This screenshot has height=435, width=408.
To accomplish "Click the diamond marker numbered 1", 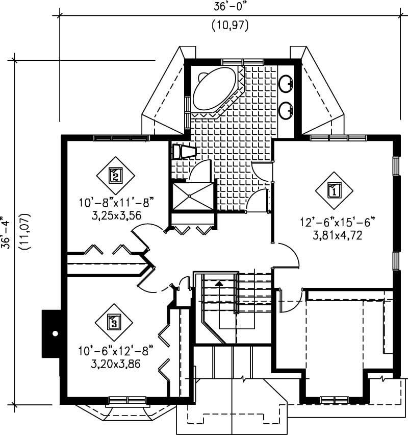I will [x=334, y=191].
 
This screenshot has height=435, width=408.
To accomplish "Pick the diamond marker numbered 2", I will [x=116, y=176].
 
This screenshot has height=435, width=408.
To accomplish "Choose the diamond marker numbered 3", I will [x=113, y=322].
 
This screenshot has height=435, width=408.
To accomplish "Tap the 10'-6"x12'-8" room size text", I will [x=116, y=351].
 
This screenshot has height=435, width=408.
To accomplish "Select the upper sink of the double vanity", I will [x=287, y=82].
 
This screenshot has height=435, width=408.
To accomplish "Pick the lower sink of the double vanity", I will [x=287, y=108].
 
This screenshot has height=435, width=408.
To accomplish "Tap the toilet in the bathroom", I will [x=183, y=152].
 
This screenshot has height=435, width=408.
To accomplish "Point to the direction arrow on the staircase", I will [x=219, y=282].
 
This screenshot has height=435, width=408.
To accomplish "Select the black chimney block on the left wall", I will [x=52, y=333].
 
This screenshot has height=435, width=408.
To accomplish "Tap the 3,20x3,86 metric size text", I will [x=116, y=364].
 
